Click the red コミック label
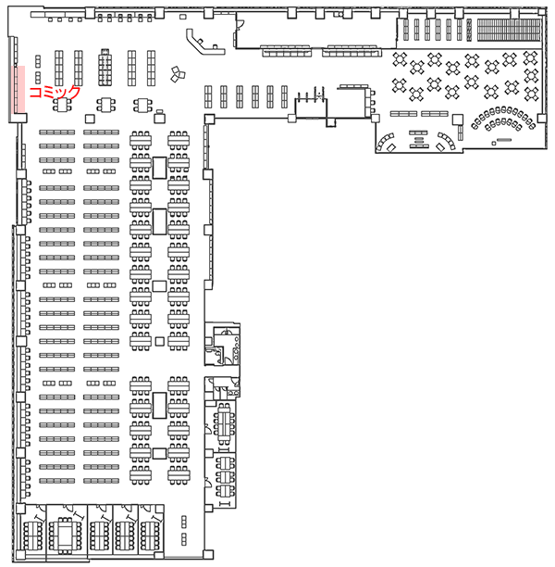click(x=55, y=93)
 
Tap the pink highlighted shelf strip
click(x=19, y=89)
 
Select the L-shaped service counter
click(x=203, y=44)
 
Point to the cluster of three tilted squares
click(x=178, y=74)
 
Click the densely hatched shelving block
click(x=509, y=30)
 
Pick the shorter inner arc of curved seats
click(x=503, y=124)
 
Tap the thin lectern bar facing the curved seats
click(x=504, y=140)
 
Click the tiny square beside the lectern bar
click(x=494, y=144)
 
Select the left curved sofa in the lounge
click(x=386, y=143)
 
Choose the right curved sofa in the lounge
click(x=447, y=142)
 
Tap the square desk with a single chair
click(x=159, y=117)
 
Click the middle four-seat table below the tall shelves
click(x=105, y=105)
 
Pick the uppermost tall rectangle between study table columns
click(x=159, y=168)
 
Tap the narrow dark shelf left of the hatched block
click(x=469, y=30)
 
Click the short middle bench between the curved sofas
click(x=418, y=139)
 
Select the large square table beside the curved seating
click(x=458, y=120)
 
